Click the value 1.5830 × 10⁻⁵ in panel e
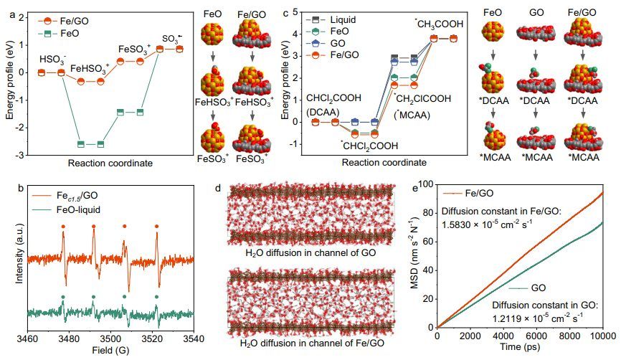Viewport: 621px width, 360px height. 471,222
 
